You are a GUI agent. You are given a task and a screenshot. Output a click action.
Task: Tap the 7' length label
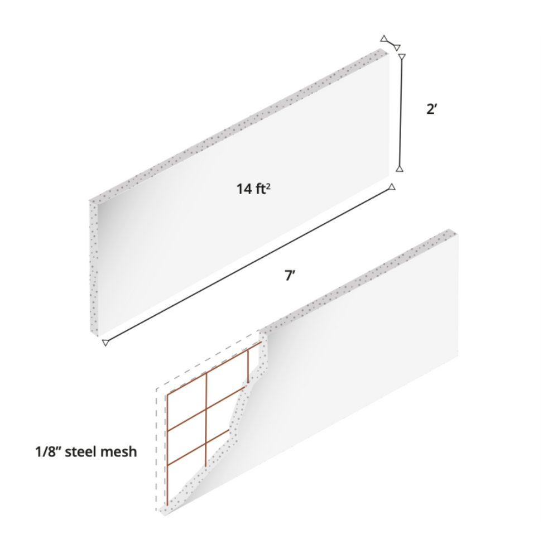(290, 275)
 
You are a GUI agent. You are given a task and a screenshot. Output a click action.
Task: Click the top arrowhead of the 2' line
(402, 57)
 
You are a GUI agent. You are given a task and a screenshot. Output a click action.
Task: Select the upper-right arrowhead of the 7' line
(392, 187)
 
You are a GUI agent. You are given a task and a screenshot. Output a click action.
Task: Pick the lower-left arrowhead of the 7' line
(105, 343)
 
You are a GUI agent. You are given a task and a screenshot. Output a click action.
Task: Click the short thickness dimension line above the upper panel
(390, 43)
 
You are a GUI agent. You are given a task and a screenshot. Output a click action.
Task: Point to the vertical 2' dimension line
(401, 112)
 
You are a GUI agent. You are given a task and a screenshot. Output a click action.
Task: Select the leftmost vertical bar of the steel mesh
(167, 446)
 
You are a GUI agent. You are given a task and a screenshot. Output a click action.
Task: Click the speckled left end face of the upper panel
(94, 268)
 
